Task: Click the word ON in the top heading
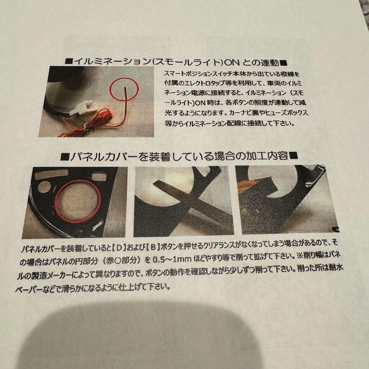click(232, 63)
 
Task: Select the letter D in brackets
click(120, 248)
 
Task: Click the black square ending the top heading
click(284, 63)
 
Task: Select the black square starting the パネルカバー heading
click(64, 156)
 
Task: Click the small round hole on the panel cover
click(44, 187)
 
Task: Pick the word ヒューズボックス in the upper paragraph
click(286, 112)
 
